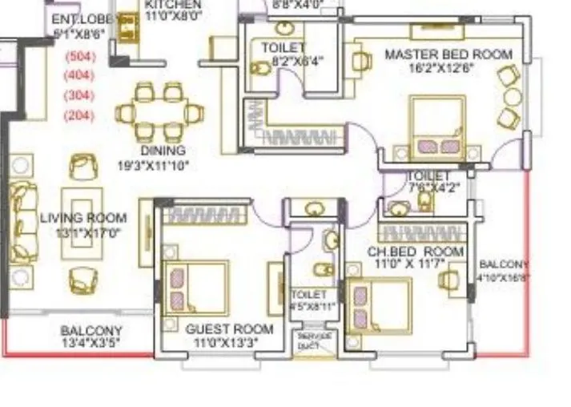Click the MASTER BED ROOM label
[448, 54]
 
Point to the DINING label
[163, 151]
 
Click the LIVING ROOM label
[83, 218]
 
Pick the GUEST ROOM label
[229, 329]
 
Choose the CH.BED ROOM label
[416, 252]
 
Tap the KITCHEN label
[174, 4]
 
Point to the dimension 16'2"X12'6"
[440, 68]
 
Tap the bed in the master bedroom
[437, 128]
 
